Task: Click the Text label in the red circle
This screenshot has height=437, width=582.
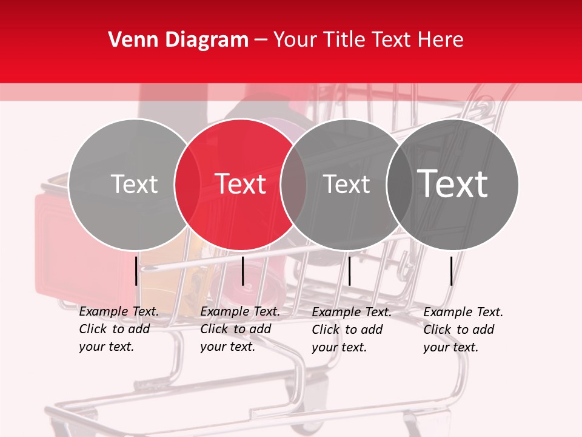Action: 241,184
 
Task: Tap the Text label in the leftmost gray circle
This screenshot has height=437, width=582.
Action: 134,184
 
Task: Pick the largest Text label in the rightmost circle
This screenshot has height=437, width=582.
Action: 452,183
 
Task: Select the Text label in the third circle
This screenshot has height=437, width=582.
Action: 346,184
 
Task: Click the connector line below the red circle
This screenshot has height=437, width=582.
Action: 242,271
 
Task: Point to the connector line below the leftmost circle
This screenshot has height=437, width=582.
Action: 136,271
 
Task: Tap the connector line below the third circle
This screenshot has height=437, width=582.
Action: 349,271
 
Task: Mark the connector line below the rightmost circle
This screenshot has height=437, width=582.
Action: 451,271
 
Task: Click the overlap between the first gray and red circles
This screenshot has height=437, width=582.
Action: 187,184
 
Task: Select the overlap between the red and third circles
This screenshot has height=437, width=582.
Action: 293,184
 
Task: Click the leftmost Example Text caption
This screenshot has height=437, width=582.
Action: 118,329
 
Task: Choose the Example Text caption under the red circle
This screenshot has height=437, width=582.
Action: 239,329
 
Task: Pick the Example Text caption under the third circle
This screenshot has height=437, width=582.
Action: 351,330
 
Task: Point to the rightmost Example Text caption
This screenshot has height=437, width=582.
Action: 463,330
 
